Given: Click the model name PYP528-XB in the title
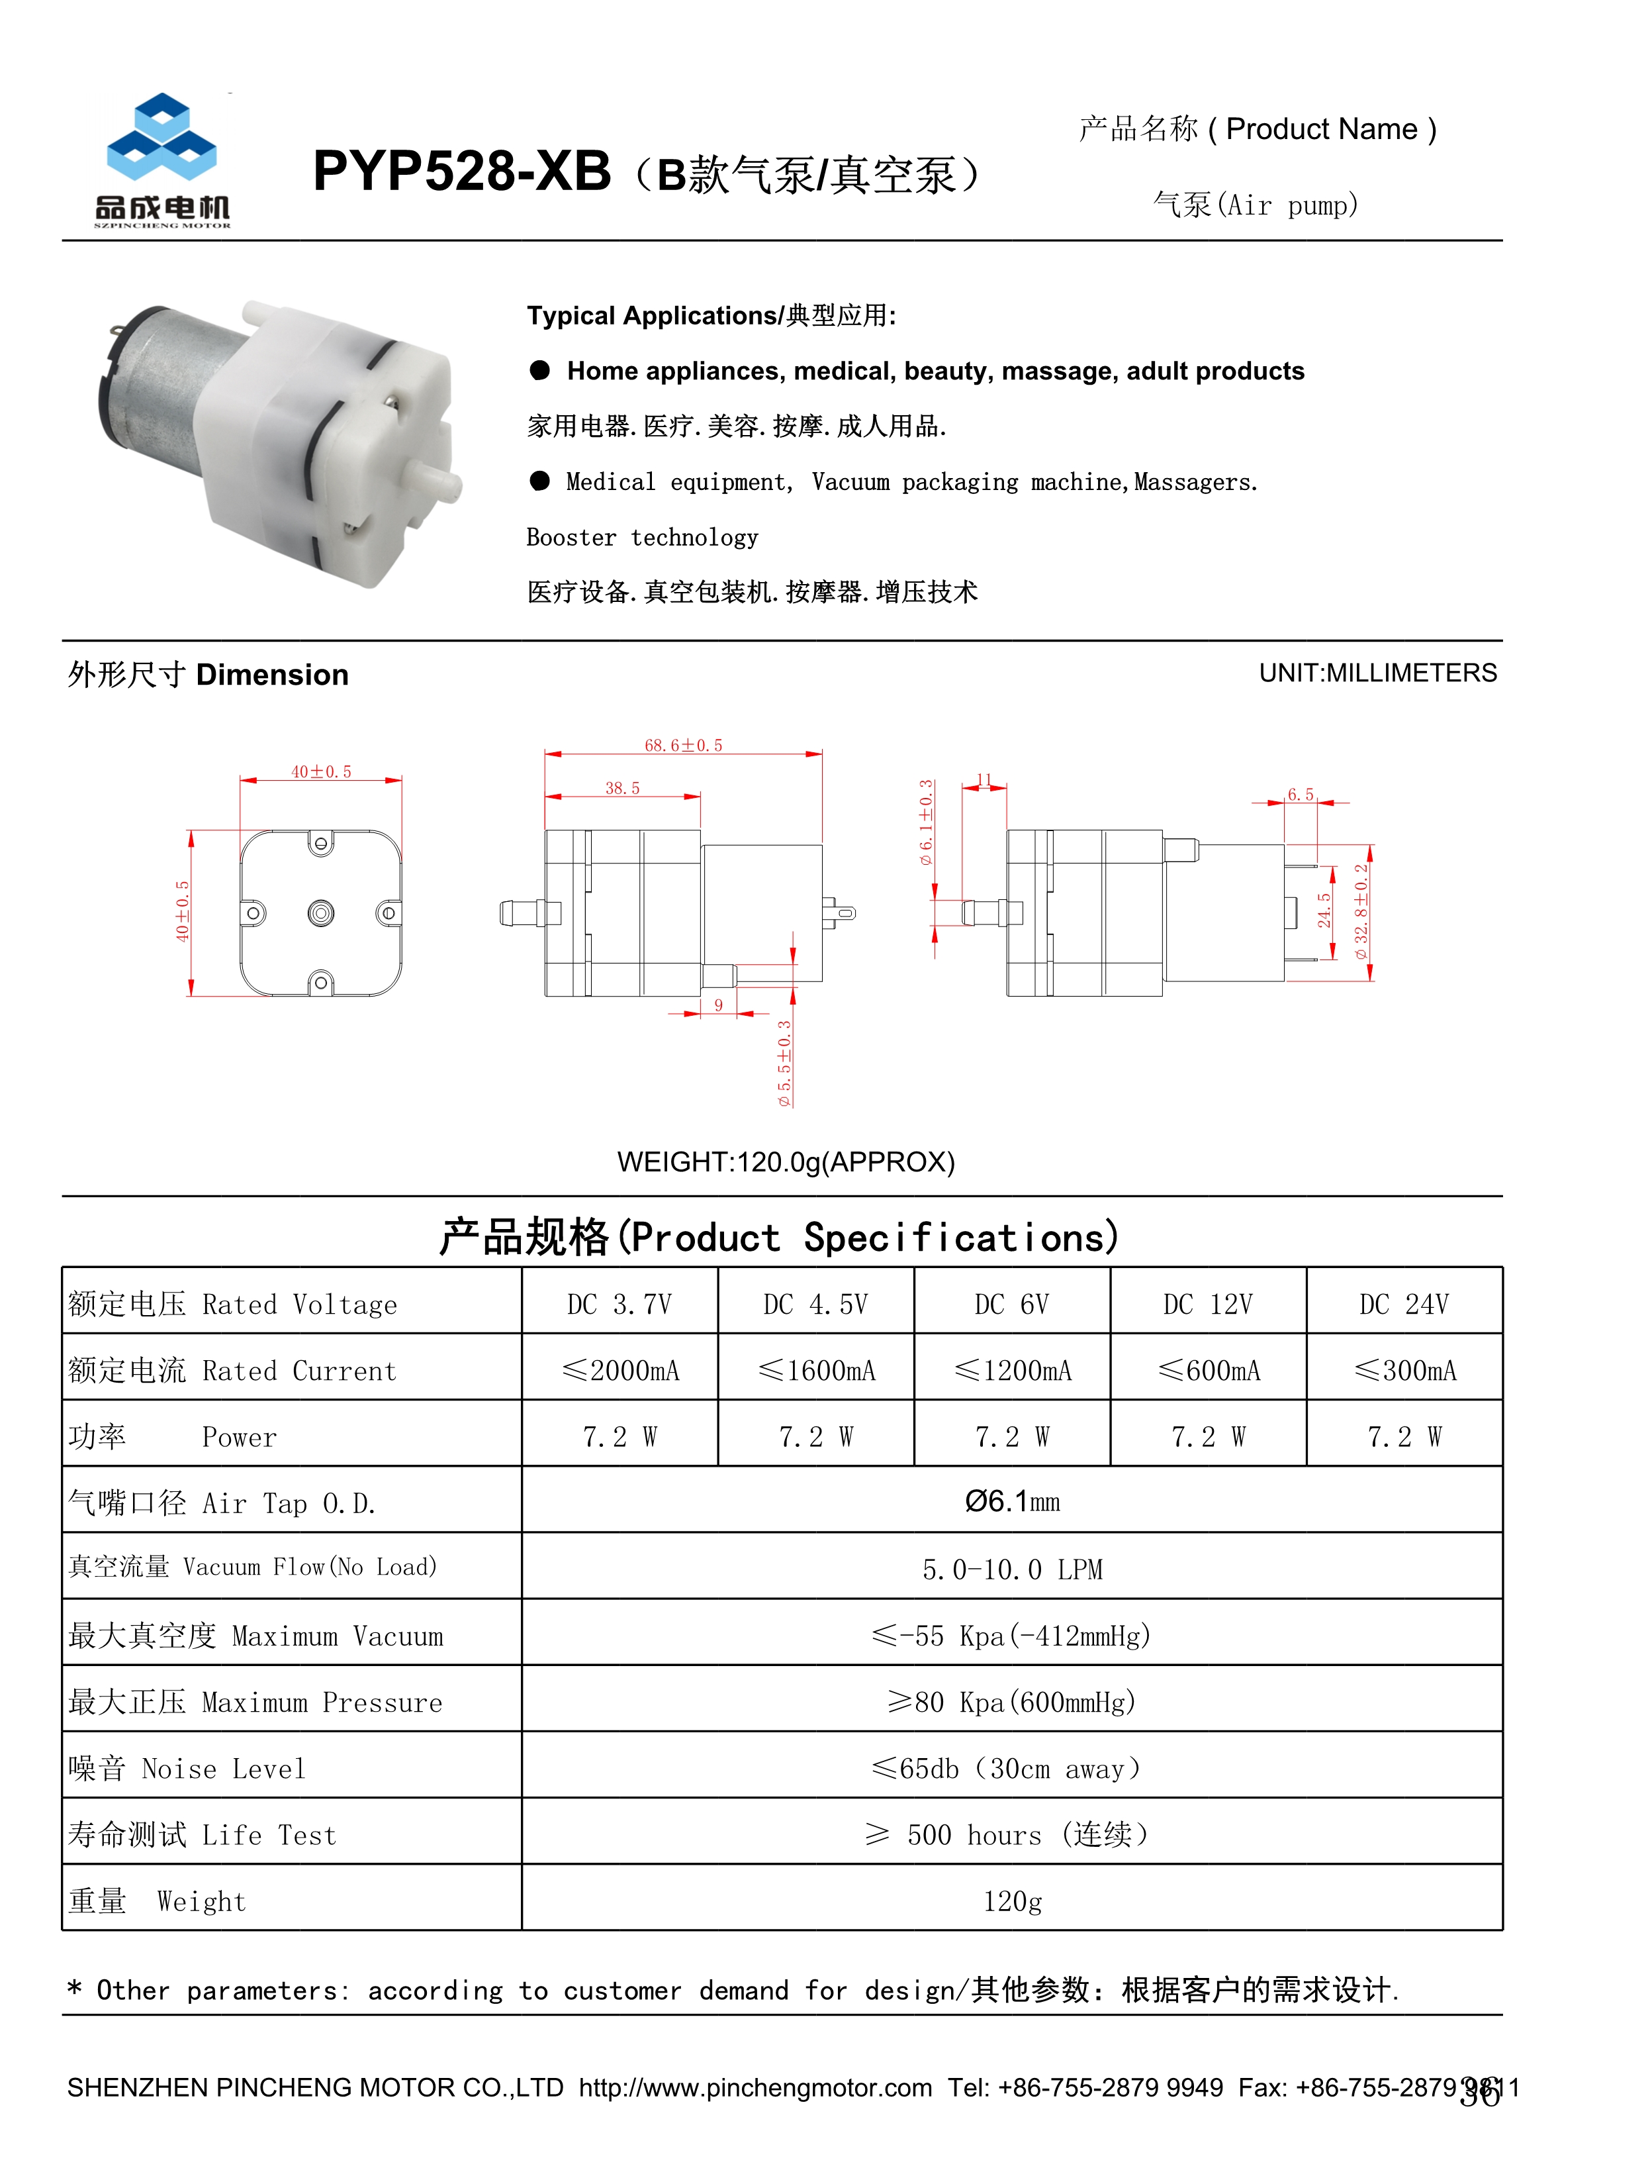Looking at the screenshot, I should click(x=461, y=172).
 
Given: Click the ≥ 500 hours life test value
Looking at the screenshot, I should click(x=1006, y=1835).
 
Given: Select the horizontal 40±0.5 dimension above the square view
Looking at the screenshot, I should click(x=321, y=772).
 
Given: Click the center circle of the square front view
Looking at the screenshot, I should click(x=320, y=914).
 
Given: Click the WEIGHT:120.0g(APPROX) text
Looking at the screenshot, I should click(x=786, y=1162).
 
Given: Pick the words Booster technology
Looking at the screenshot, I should click(x=642, y=537).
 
